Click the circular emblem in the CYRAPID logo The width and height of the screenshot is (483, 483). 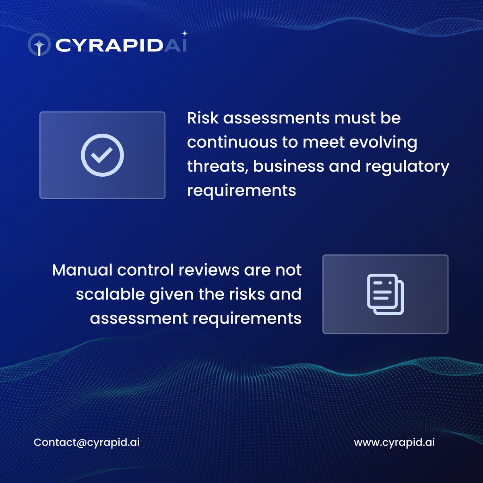pos(39,45)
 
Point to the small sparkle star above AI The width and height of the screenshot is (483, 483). pos(185,34)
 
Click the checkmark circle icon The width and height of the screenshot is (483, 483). pos(102,155)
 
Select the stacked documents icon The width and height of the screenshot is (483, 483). pos(385,294)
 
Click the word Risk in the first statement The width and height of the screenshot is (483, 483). pos(203,118)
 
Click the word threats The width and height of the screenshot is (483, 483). pos(217,167)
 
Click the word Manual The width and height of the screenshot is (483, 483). pos(82,270)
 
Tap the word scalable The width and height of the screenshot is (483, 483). pos(110,294)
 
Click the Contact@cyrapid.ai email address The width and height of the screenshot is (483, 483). pos(87,442)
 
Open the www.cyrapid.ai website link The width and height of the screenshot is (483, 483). pos(394,442)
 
